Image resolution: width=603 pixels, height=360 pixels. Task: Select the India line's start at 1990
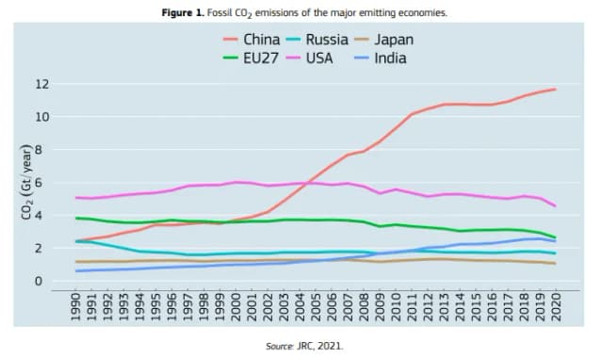[x=76, y=271]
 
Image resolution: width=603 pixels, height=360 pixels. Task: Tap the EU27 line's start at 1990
[x=76, y=219]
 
